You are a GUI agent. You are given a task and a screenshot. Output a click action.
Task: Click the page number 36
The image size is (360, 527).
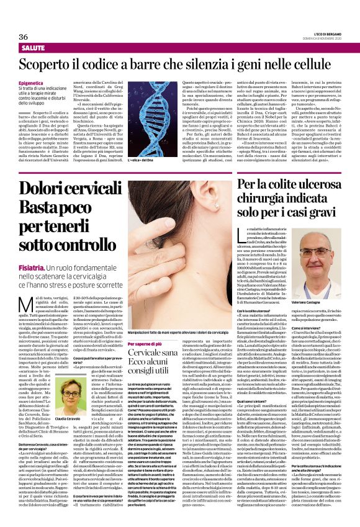pyautogui.click(x=24, y=37)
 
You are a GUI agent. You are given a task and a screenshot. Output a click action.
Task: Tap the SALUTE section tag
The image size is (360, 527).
pyautogui.click(x=32, y=47)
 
